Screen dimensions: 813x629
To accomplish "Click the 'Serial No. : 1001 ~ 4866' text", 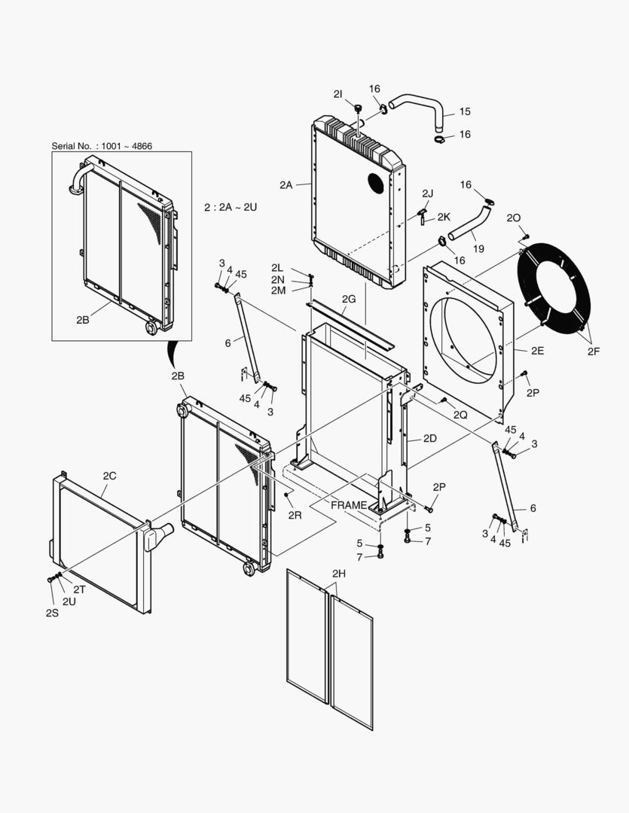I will [x=102, y=145].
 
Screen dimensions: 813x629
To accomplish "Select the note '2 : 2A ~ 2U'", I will [x=231, y=206].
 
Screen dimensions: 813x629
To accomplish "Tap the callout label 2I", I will [x=338, y=93].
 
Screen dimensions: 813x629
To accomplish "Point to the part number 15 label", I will [x=465, y=111].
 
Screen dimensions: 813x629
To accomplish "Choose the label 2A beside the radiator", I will [x=285, y=184].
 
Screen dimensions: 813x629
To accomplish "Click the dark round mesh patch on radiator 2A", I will [x=374, y=182].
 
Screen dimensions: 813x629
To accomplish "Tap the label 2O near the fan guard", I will [x=514, y=218].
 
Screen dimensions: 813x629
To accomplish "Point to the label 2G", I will [x=348, y=299].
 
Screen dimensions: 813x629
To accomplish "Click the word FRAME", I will [x=349, y=505].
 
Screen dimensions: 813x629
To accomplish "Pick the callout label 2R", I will [x=295, y=516].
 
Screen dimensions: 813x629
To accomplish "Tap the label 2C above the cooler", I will [x=109, y=475].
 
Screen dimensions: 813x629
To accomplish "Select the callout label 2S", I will [x=51, y=613].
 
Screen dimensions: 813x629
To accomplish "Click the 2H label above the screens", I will [x=338, y=574].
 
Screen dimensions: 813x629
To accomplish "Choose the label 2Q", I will [x=460, y=415].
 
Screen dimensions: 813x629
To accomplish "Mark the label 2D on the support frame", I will [x=430, y=438].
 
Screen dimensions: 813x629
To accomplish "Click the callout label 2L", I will [x=277, y=268].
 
